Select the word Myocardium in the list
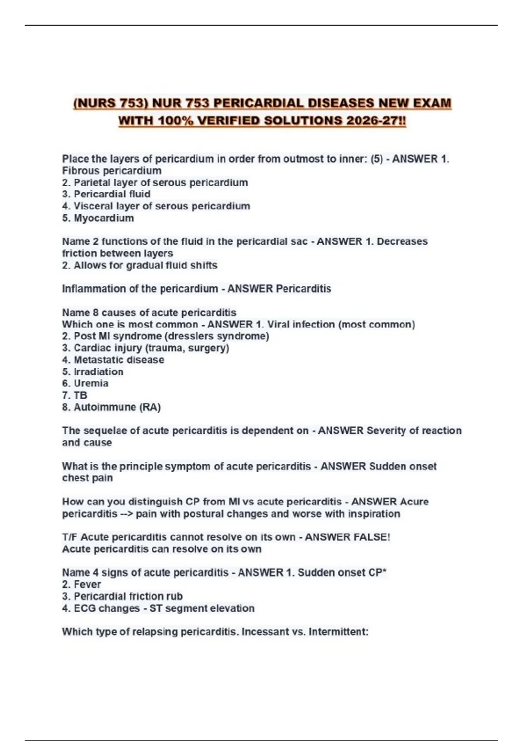tap(104, 218)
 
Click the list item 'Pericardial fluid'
tap(112, 194)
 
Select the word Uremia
tap(91, 383)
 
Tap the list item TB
tap(80, 395)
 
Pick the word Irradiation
tap(98, 372)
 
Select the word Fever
tap(87, 584)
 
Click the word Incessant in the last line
tap(265, 632)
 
